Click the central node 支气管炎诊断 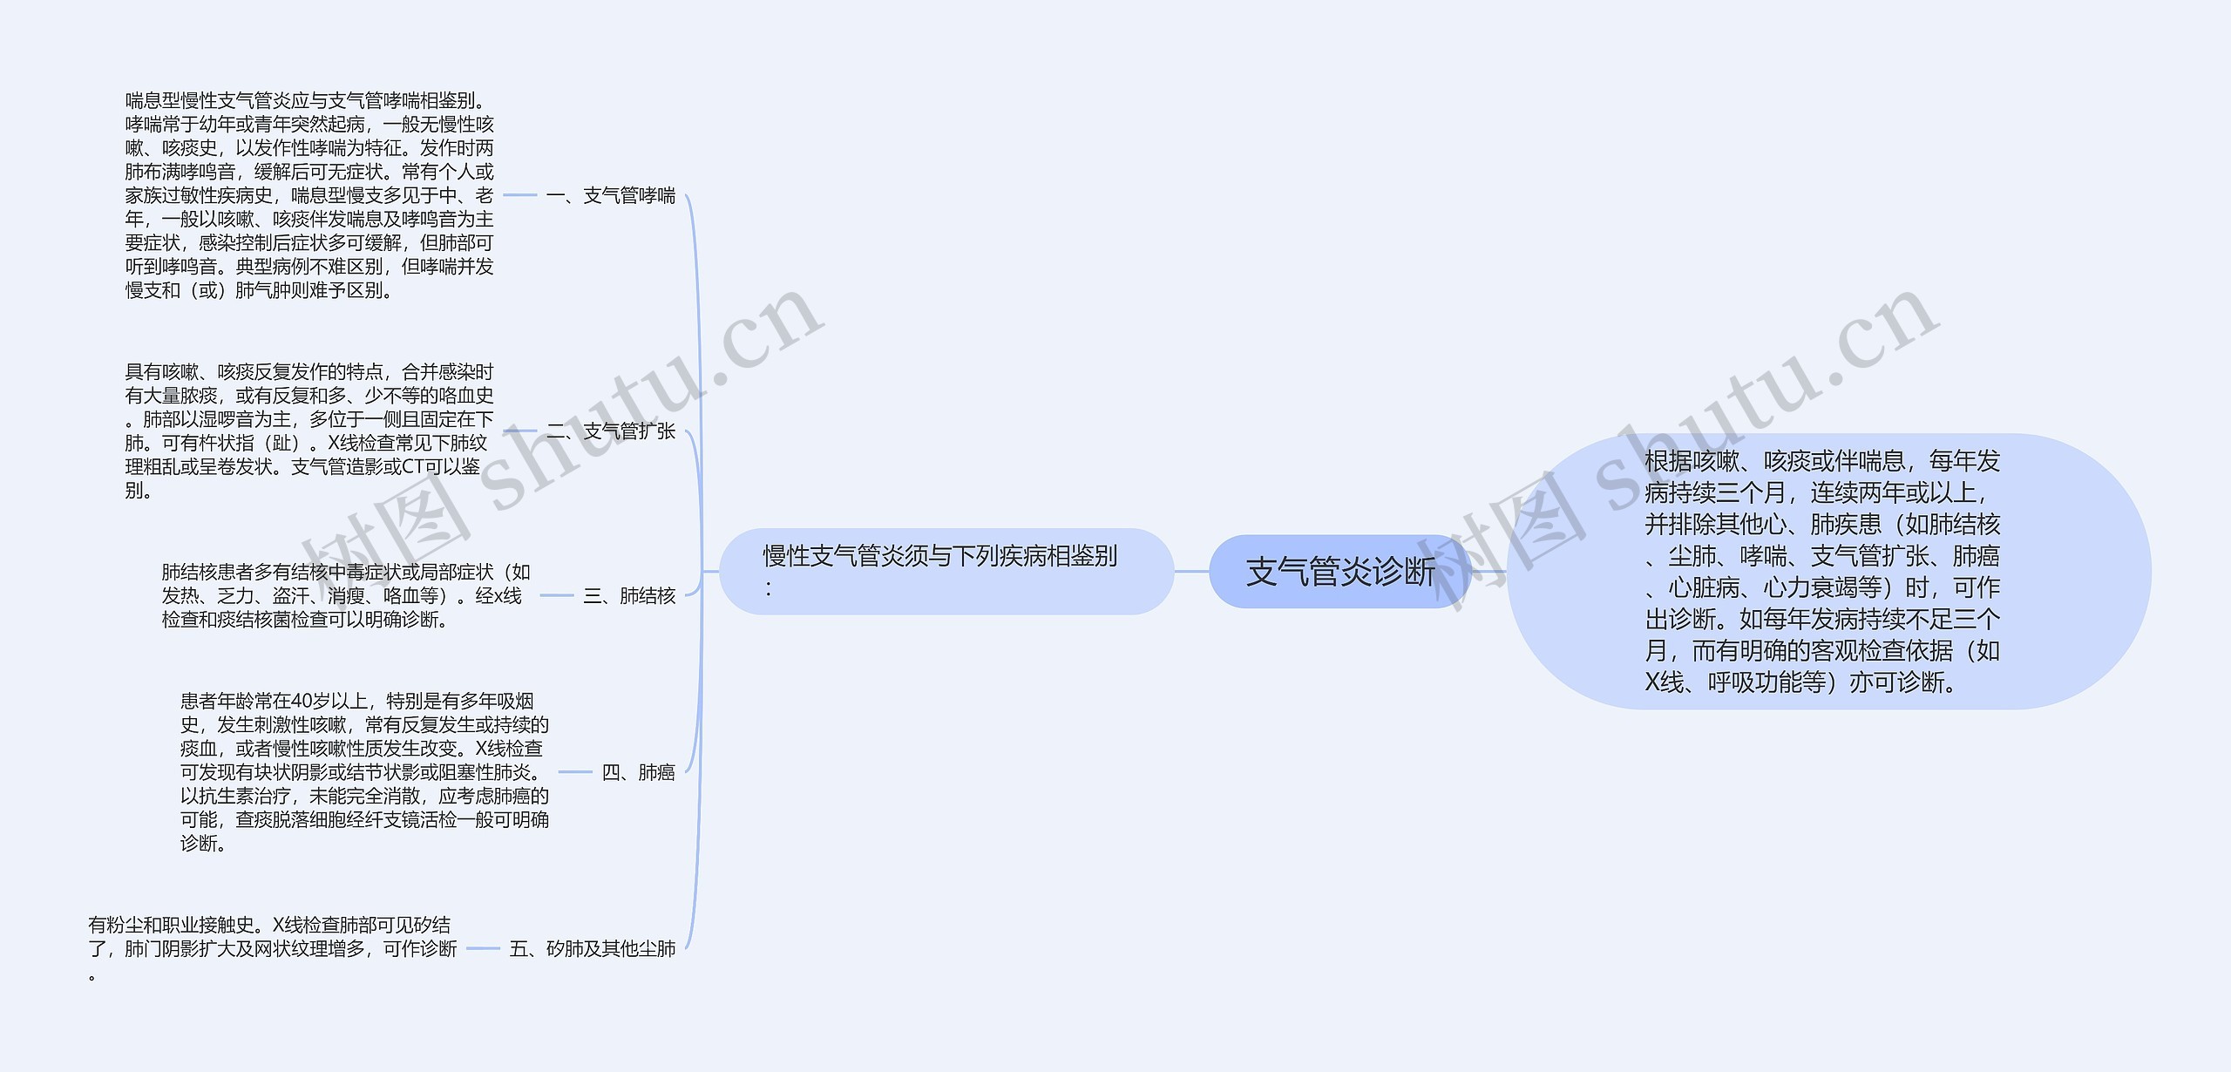click(1339, 572)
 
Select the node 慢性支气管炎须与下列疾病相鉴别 click(946, 571)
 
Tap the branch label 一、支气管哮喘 click(611, 195)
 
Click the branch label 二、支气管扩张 click(611, 431)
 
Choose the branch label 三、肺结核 click(629, 595)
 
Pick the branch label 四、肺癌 click(638, 772)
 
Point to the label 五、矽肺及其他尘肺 click(593, 948)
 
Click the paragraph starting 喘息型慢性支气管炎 click(309, 195)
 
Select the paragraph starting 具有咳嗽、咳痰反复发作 click(309, 431)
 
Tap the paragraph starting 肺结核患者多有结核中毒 click(346, 595)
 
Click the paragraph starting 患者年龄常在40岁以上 click(364, 772)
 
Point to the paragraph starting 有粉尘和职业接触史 click(272, 948)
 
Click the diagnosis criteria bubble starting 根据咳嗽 click(1828, 572)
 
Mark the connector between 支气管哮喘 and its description click(520, 195)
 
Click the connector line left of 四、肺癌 click(575, 772)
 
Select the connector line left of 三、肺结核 click(557, 595)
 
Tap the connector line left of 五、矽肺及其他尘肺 click(483, 948)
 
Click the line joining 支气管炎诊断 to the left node click(1191, 572)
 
